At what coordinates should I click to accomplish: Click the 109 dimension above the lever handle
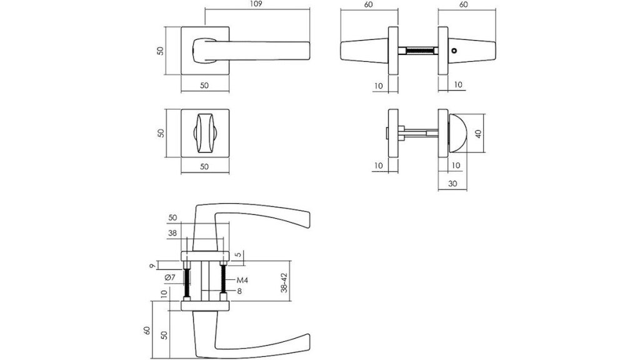coord(256,4)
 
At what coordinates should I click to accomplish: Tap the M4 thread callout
coord(242,281)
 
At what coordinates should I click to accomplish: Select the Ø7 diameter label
coord(170,277)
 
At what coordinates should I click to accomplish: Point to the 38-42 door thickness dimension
coord(284,282)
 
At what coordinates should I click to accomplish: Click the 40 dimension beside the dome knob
coord(478,134)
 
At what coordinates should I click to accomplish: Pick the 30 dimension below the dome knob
coord(452,184)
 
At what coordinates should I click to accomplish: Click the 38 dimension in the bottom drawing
coord(172,233)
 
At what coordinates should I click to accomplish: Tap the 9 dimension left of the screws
coord(152,266)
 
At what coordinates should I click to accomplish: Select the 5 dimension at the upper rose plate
coord(239,256)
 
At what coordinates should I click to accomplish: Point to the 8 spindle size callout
coord(239,291)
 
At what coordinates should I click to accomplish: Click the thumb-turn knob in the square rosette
coord(205,133)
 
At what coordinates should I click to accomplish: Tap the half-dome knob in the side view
coord(457,134)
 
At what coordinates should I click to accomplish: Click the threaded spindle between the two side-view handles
coord(418,51)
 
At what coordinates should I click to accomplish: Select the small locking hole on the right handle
coord(455,51)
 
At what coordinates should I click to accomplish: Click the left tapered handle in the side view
coord(364,51)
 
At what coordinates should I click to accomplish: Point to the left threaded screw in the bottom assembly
coord(187,282)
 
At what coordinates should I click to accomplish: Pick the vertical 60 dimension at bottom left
coord(147,330)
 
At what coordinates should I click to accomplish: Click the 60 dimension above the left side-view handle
coord(369,4)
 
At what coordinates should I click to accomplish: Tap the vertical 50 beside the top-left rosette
coord(161,51)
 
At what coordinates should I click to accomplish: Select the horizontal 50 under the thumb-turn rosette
coord(204,166)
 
